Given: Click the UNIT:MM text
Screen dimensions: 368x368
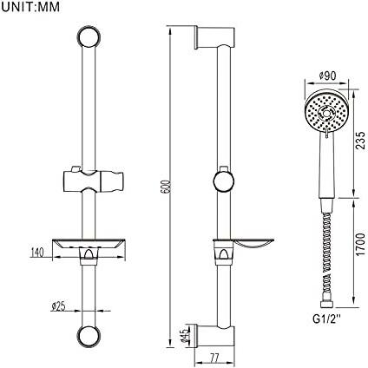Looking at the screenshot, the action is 30,7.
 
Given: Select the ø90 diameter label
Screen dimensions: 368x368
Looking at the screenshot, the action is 327,76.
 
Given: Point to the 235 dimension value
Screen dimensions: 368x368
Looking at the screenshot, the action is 360,140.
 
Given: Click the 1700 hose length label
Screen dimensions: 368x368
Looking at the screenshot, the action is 360,244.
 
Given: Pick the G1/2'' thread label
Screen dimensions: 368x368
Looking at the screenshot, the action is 327,319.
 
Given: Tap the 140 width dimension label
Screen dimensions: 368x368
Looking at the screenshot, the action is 36,253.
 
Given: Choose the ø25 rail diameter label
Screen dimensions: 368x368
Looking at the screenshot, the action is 58,306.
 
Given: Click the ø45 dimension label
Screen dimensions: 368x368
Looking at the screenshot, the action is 186,336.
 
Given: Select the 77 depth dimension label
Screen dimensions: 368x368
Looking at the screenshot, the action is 214,358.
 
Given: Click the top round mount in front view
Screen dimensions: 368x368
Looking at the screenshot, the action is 89,36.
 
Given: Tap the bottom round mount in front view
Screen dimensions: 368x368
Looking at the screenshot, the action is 89,336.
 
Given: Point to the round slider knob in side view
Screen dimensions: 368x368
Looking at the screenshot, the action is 224,181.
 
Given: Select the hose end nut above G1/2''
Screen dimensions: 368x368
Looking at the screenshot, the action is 327,305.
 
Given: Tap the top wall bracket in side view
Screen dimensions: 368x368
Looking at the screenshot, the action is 215,37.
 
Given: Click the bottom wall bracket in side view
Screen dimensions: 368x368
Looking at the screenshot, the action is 215,335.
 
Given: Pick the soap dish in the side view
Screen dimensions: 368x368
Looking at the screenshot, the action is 253,244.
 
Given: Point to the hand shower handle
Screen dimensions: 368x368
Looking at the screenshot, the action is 327,166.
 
